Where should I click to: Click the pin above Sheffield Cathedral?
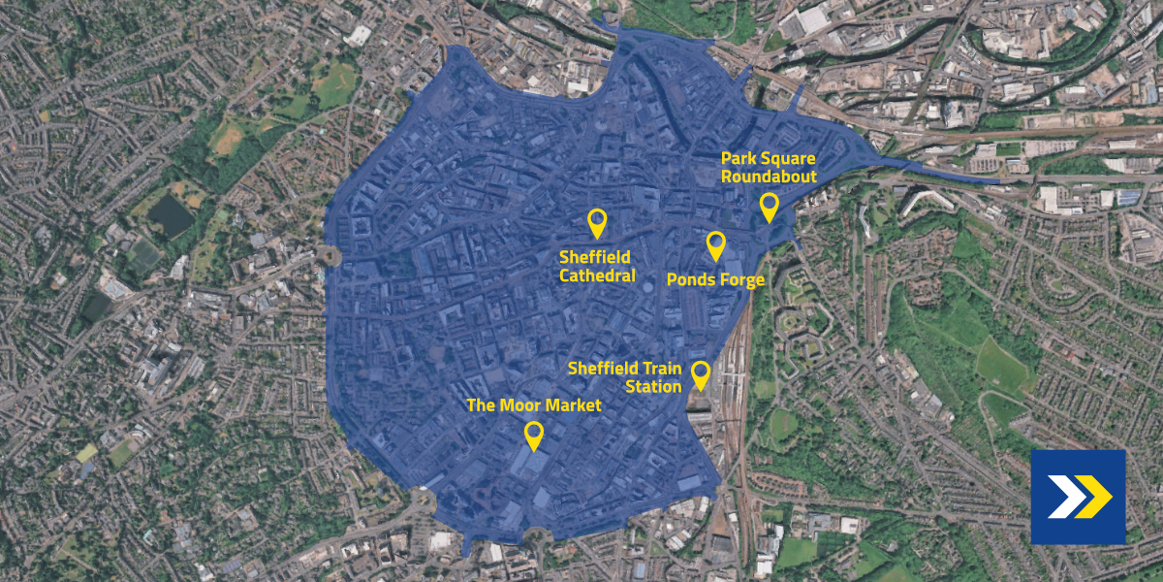click(597, 222)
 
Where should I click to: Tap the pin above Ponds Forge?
click(715, 244)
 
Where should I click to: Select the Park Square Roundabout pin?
click(769, 206)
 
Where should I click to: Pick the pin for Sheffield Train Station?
click(699, 373)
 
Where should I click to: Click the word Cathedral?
click(597, 275)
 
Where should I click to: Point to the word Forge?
click(740, 280)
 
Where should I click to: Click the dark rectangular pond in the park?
click(172, 215)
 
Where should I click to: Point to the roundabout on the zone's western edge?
click(328, 256)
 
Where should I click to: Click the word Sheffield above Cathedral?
click(595, 258)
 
